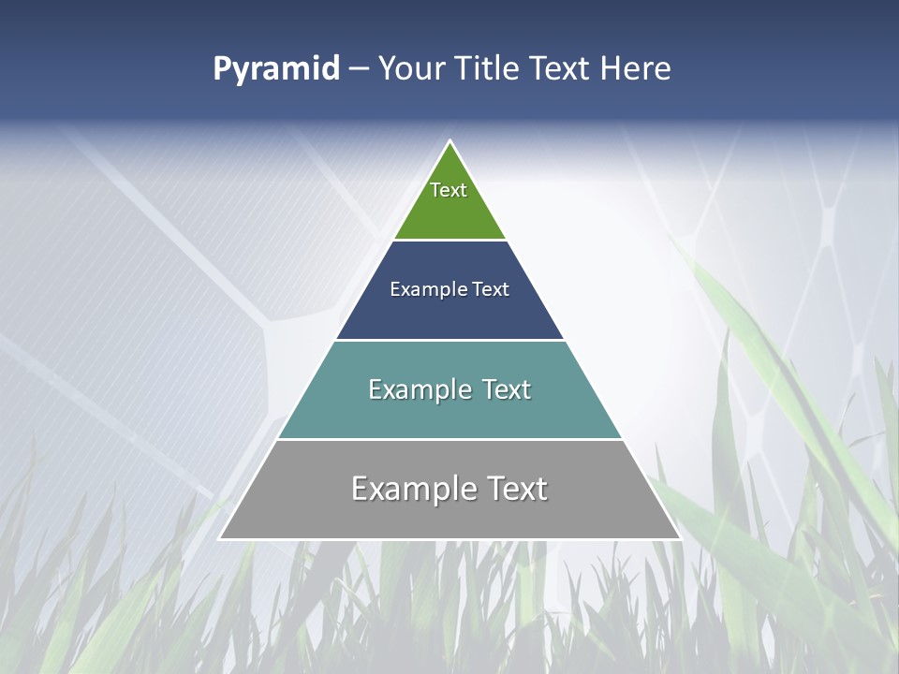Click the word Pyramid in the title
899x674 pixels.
point(276,69)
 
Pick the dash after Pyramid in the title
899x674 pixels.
point(359,69)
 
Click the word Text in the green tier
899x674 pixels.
point(449,190)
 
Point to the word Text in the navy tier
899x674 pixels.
point(491,289)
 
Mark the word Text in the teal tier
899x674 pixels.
point(507,389)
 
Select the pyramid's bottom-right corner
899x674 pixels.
point(679,537)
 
